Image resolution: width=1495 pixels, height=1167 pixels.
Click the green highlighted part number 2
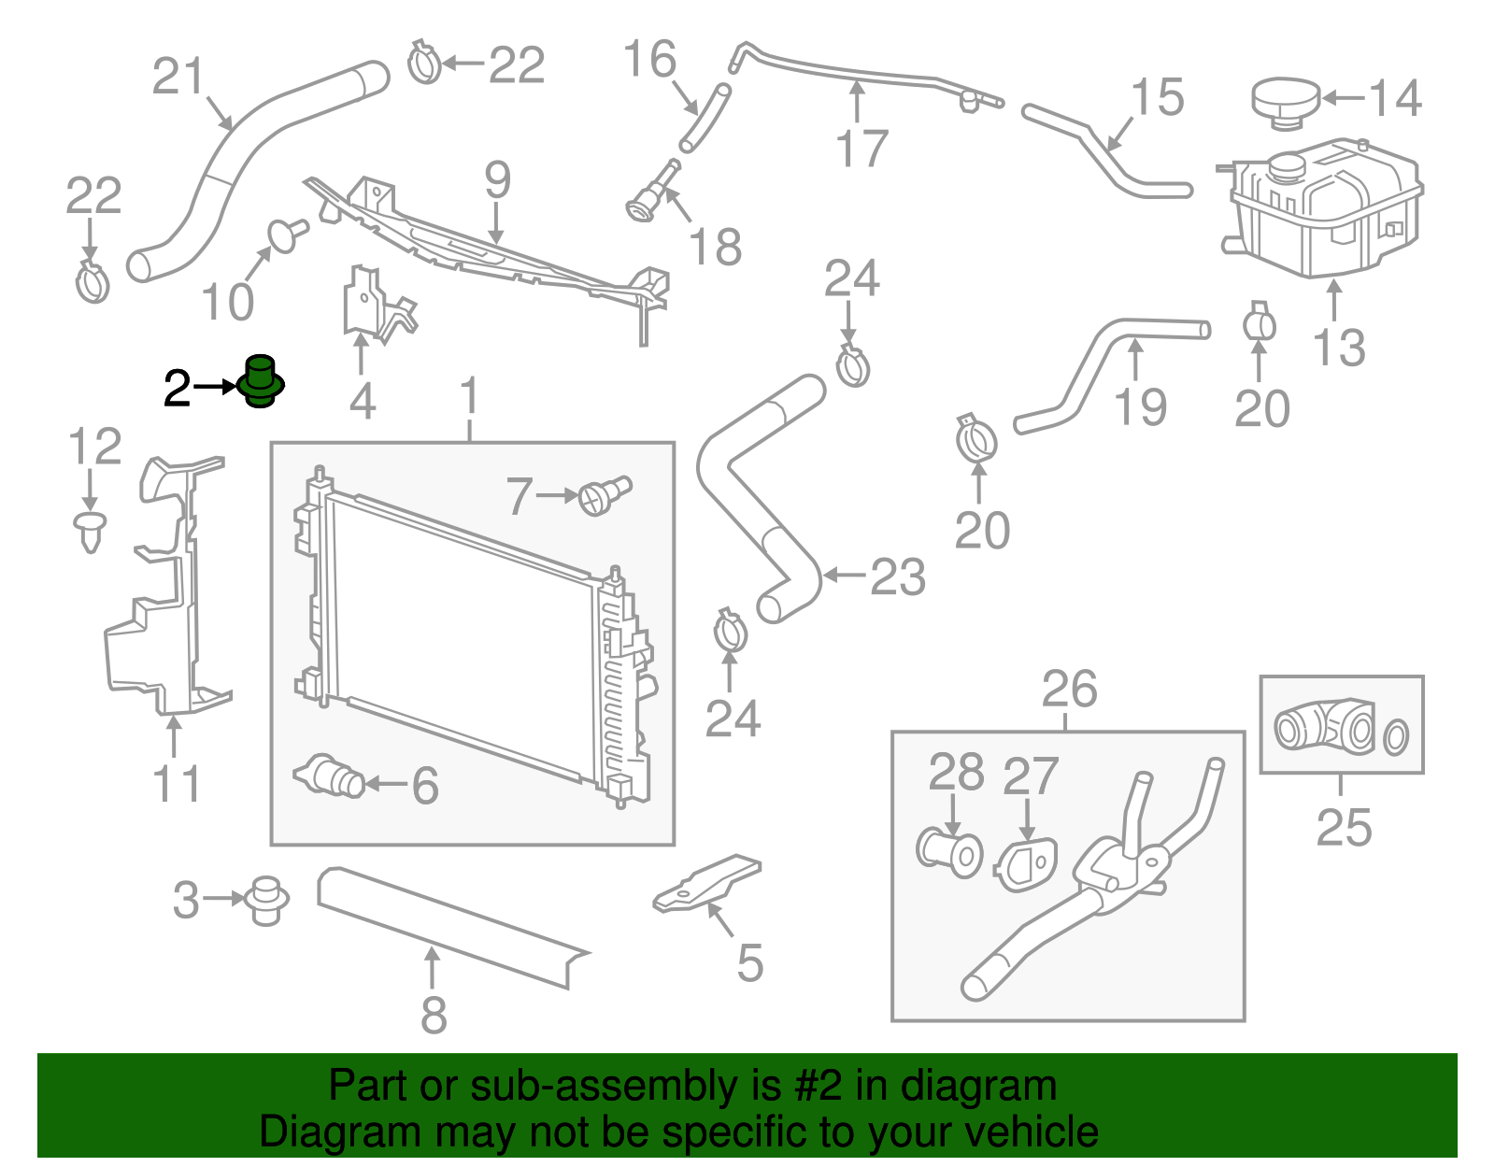coord(261,381)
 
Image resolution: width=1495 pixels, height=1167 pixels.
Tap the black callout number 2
coord(177,388)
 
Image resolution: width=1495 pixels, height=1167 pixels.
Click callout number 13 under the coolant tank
coord(1338,348)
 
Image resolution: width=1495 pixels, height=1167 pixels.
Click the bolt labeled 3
coord(266,900)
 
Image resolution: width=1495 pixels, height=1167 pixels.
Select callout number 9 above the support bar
coord(497,180)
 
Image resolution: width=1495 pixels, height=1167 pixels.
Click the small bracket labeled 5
coord(707,884)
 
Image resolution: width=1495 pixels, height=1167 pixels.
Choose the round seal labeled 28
coord(948,850)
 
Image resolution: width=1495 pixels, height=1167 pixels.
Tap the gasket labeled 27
coord(1026,863)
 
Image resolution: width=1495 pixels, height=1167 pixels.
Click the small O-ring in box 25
coord(1395,737)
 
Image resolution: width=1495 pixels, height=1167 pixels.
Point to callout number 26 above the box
coord(1069,690)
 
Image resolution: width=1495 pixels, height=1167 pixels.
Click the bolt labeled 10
coord(285,234)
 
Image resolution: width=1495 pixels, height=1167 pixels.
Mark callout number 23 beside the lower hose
coord(897,577)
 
